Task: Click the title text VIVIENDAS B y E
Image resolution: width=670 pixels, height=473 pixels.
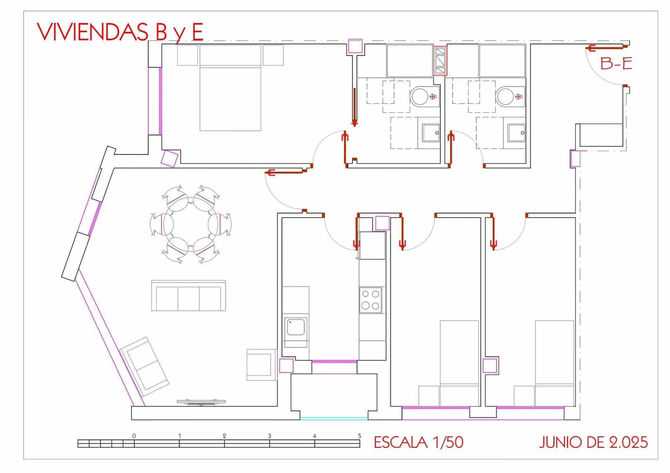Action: (x=120, y=32)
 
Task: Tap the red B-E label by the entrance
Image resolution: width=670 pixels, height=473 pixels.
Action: (x=616, y=64)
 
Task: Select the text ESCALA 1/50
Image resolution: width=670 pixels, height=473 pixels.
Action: (x=418, y=442)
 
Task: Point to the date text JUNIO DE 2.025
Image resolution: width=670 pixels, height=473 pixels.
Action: (x=593, y=442)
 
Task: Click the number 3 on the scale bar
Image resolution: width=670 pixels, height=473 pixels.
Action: (x=269, y=436)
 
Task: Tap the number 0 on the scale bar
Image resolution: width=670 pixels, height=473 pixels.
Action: (x=134, y=436)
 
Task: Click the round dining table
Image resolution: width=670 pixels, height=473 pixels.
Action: (x=191, y=224)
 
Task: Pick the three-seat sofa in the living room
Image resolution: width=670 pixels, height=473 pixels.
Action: (x=188, y=296)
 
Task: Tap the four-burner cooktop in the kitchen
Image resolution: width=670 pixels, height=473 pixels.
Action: (x=371, y=300)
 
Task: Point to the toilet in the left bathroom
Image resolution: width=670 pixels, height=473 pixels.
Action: (x=425, y=96)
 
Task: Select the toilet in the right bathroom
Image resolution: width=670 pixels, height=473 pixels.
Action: (x=510, y=96)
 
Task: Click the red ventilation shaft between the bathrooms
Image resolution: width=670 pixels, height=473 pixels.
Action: (x=440, y=61)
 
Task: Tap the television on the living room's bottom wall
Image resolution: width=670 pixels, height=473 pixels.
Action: (x=201, y=402)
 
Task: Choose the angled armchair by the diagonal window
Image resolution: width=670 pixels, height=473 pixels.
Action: (x=144, y=367)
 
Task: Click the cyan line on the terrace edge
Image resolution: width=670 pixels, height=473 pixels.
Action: (x=334, y=419)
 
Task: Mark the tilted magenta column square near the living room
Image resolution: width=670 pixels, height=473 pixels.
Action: (x=170, y=159)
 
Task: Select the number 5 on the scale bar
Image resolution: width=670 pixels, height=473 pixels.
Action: (x=360, y=436)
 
